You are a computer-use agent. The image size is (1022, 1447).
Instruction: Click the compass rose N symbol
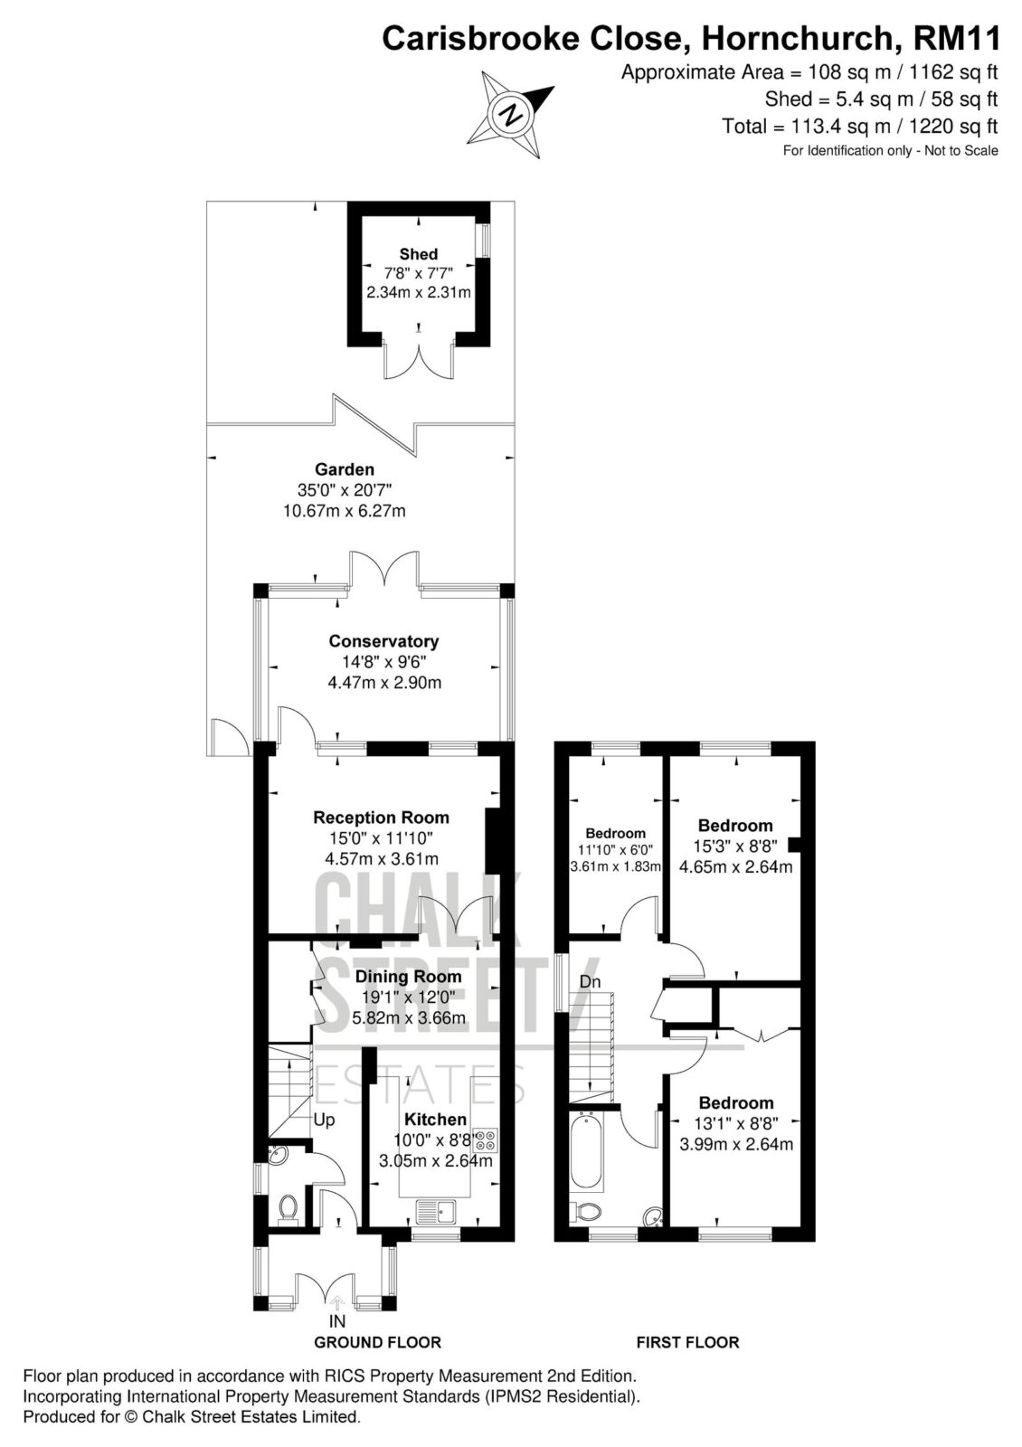[x=511, y=115]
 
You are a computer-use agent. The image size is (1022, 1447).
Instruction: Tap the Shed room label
[x=418, y=254]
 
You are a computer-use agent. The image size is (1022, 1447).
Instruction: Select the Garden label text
[x=345, y=469]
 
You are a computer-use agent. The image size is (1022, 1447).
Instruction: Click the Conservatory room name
[x=383, y=641]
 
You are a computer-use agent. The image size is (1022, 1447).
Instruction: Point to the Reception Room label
[x=381, y=818]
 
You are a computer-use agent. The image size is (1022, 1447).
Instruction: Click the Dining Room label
[x=408, y=976]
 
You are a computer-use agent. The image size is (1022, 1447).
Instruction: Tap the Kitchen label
[x=435, y=1119]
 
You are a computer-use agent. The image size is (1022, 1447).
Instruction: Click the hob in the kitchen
[x=487, y=1140]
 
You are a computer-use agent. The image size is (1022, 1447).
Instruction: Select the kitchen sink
[x=436, y=1211]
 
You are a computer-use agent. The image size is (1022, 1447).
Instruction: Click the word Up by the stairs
[x=325, y=1119]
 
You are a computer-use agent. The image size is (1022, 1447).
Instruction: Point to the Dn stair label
[x=590, y=982]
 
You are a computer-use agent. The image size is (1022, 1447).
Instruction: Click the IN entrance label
[x=337, y=1321]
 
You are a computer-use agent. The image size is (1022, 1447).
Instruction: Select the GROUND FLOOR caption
[x=377, y=1342]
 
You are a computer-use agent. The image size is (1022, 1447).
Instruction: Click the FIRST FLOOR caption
[x=687, y=1342]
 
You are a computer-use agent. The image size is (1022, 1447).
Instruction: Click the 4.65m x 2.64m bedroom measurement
[x=736, y=866]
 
